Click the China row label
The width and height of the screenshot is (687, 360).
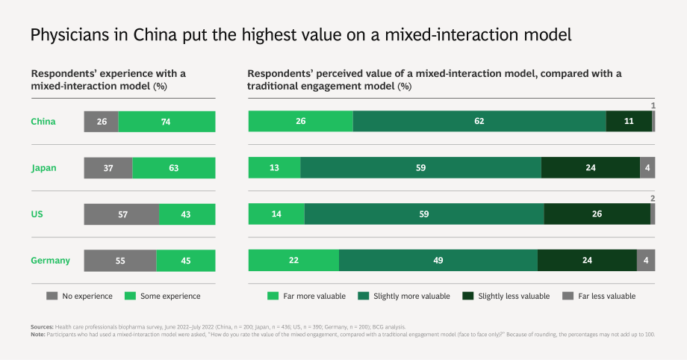click(43, 122)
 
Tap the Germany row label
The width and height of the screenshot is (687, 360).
click(50, 261)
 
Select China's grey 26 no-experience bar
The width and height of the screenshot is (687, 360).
click(102, 122)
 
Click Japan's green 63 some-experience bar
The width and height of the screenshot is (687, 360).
click(174, 168)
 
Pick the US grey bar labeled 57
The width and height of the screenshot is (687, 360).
click(122, 214)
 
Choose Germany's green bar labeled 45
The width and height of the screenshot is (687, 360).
click(186, 261)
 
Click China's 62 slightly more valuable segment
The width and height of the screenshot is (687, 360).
click(479, 121)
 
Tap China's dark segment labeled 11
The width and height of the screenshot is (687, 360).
click(630, 121)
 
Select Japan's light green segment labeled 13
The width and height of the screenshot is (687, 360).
click(275, 167)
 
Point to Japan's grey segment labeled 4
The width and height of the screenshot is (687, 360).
click(647, 167)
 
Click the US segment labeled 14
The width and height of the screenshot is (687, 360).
click(276, 214)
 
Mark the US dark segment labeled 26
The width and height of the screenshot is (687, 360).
click(597, 214)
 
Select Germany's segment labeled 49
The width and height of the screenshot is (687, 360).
click(438, 261)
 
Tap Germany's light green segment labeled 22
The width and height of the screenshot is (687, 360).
click(293, 261)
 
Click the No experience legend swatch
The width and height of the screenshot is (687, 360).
click(52, 296)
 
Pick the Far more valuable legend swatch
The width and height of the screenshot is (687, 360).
click(273, 296)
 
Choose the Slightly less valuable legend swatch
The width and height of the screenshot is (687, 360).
click(468, 296)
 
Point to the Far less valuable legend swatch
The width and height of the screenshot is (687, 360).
click(568, 296)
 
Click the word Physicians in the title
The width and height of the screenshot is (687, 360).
click(70, 35)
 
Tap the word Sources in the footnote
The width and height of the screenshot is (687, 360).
click(42, 326)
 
